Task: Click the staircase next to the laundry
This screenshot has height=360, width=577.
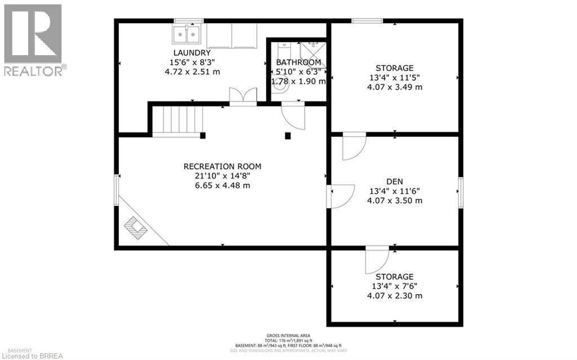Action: [179, 120]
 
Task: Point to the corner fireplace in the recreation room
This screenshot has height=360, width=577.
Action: [136, 228]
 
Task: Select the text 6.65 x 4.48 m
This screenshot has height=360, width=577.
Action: [223, 185]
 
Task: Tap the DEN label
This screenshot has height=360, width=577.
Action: [394, 181]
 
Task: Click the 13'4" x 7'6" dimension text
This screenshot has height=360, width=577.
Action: [394, 286]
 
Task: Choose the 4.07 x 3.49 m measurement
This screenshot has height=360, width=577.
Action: [394, 87]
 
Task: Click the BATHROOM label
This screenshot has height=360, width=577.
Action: [298, 63]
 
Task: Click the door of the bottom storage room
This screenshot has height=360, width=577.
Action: [376, 260]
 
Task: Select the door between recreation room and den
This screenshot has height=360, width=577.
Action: [340, 196]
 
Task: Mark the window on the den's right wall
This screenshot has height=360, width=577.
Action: [460, 192]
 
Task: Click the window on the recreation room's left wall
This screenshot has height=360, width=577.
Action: [117, 189]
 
